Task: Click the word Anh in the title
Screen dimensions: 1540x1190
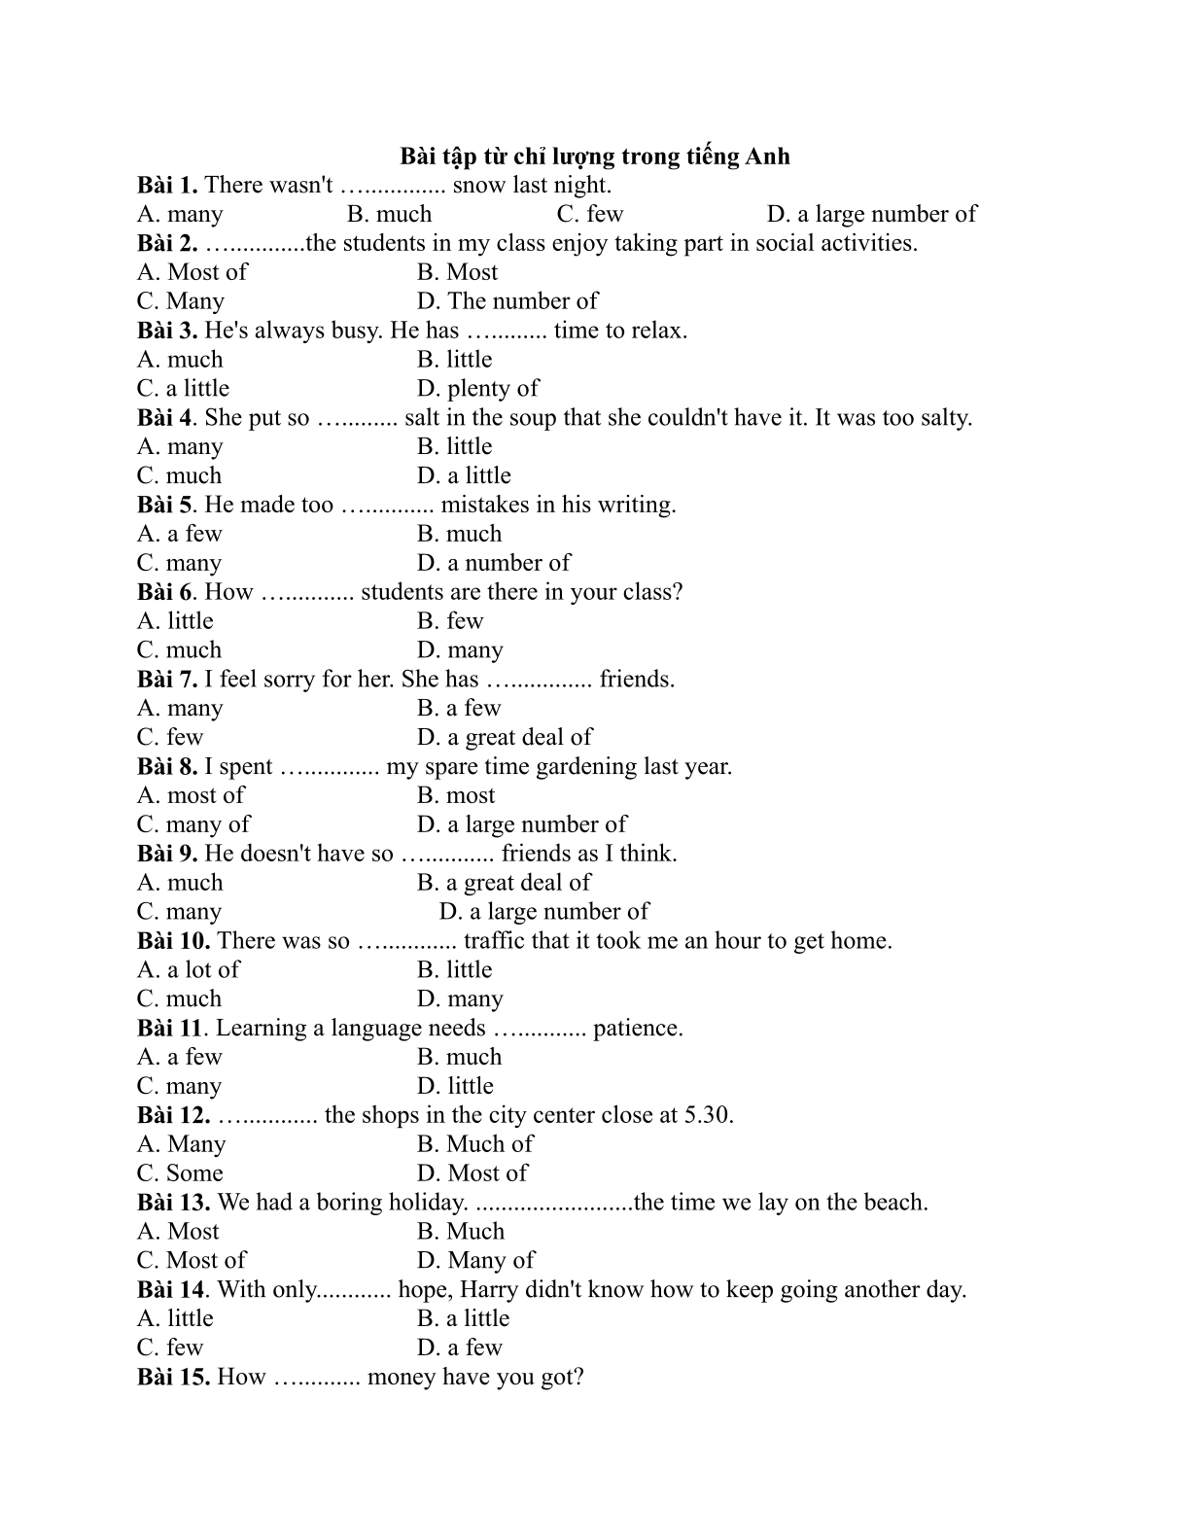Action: click(767, 157)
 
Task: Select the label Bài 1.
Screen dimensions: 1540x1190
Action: click(167, 185)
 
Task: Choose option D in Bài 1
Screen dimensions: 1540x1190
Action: click(871, 214)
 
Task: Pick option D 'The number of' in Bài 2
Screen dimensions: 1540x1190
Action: click(507, 301)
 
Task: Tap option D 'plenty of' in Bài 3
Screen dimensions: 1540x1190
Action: click(477, 389)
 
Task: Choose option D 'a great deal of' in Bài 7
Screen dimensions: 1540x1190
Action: click(505, 738)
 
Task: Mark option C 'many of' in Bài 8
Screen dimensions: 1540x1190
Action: click(193, 825)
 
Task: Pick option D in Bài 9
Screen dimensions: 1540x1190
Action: click(543, 912)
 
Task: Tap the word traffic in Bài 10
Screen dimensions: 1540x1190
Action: click(494, 941)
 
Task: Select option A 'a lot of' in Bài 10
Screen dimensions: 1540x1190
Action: click(189, 970)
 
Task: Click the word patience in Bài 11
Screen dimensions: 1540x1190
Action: click(636, 1029)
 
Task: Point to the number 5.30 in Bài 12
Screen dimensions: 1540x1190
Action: click(709, 1115)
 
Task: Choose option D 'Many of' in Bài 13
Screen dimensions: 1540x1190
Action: click(475, 1261)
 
